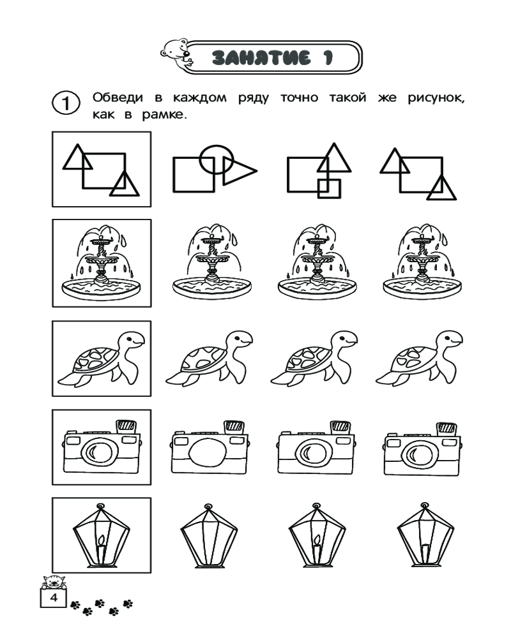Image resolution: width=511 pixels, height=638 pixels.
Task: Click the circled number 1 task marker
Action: point(66,103)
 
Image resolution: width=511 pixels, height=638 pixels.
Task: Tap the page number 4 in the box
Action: point(54,598)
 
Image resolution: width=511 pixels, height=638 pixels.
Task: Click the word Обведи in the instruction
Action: point(118,98)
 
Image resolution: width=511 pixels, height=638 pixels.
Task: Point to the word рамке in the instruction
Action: point(164,115)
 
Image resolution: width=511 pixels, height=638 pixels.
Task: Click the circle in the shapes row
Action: point(217,159)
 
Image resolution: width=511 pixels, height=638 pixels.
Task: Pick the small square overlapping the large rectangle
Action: point(329,188)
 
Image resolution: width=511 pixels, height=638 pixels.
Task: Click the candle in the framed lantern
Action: point(102,549)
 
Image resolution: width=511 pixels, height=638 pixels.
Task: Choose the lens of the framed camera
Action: point(100,452)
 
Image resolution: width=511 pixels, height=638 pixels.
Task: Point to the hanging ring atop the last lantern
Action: point(425,506)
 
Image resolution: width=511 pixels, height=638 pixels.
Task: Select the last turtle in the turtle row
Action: point(419,358)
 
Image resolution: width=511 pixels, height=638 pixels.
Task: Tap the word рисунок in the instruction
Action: point(436,98)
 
